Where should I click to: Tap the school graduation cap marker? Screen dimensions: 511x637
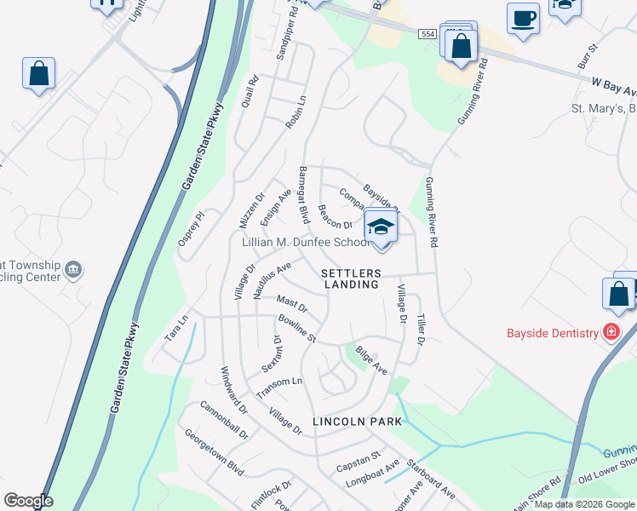(x=381, y=227)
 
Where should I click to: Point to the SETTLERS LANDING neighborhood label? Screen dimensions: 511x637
(x=350, y=278)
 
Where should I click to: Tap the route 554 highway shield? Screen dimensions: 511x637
(x=428, y=34)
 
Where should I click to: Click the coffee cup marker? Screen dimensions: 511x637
(x=522, y=17)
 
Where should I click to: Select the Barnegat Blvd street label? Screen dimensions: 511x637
(x=303, y=194)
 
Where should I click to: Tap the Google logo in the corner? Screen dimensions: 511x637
(x=27, y=501)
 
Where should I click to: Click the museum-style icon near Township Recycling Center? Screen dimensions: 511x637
(x=74, y=270)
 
